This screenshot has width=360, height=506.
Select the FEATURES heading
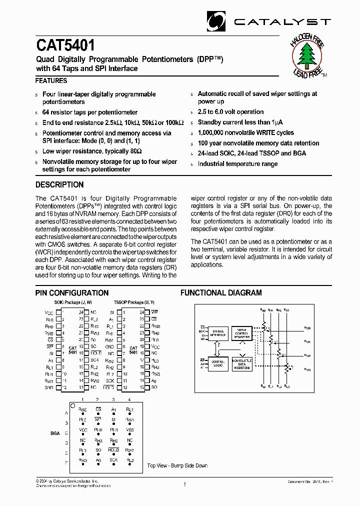coord(51,80)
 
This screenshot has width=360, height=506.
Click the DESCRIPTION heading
coord(59,184)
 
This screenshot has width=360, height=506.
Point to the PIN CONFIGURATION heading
coord(72,293)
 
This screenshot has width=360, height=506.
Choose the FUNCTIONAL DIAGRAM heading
coord(221,293)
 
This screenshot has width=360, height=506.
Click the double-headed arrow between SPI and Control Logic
coord(214,348)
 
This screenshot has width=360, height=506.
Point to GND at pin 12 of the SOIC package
coord(49,387)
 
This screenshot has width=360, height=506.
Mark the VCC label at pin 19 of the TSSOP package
coord(155,346)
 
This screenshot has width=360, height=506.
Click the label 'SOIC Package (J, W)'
coord(72,302)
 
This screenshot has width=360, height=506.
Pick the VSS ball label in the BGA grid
coord(130,430)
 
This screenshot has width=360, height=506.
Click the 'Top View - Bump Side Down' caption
coord(177,465)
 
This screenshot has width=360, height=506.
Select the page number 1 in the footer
coord(184,484)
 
